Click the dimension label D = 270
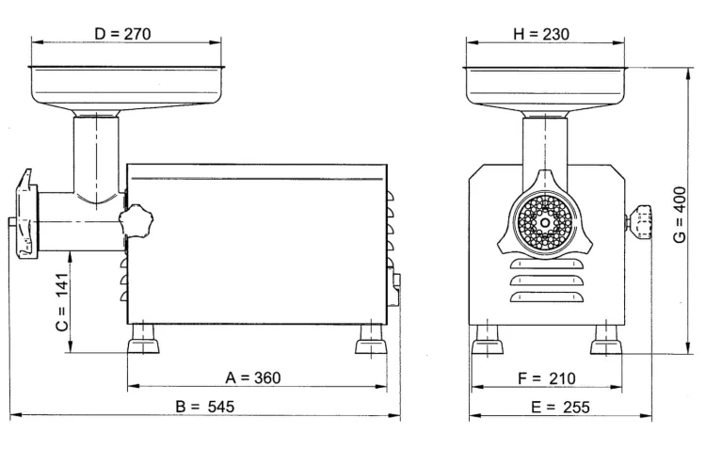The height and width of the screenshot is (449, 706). click(x=122, y=34)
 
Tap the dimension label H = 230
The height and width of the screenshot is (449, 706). click(x=540, y=34)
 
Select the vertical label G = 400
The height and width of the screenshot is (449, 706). click(x=680, y=215)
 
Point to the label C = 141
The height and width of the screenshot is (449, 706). click(x=62, y=302)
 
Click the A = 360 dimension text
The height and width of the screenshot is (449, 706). click(x=253, y=377)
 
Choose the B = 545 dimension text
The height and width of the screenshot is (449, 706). click(x=205, y=407)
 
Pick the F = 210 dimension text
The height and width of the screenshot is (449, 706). click(x=547, y=378)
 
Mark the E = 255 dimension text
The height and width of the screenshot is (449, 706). click(x=560, y=408)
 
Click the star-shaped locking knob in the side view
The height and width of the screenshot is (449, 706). click(x=136, y=220)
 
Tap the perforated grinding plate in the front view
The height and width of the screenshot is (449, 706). click(x=545, y=223)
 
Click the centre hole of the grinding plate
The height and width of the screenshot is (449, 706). click(x=545, y=223)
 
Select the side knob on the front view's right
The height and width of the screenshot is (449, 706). click(x=639, y=222)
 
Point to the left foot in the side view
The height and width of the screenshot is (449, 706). click(x=143, y=339)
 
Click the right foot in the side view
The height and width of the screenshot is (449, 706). click(x=371, y=339)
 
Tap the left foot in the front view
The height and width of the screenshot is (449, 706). click(x=488, y=340)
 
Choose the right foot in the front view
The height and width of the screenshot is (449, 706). click(x=606, y=340)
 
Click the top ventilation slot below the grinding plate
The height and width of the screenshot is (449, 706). click(x=547, y=265)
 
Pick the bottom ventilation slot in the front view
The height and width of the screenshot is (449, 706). click(x=547, y=297)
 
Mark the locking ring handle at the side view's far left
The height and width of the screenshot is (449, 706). click(x=25, y=214)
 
